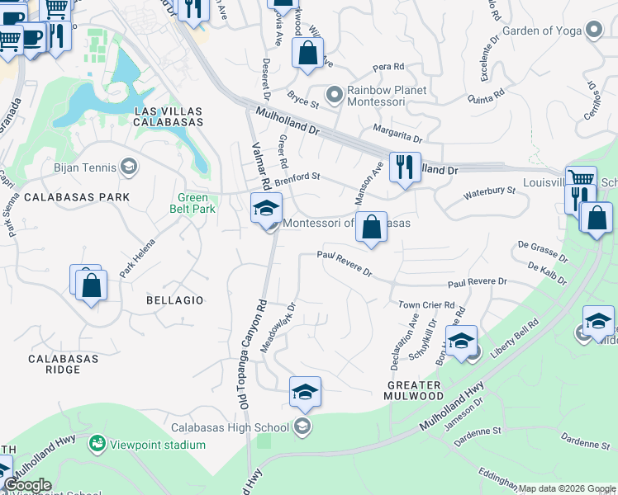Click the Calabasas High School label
tap(230, 427)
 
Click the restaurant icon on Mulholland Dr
tap(404, 168)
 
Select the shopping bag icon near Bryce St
tap(307, 54)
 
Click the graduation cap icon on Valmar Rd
tap(266, 209)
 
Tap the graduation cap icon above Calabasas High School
tap(305, 392)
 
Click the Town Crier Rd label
tap(426, 304)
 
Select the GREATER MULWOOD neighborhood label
tap(417, 390)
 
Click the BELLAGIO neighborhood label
tap(174, 300)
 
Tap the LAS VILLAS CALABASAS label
tap(168, 116)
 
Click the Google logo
tap(26, 485)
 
